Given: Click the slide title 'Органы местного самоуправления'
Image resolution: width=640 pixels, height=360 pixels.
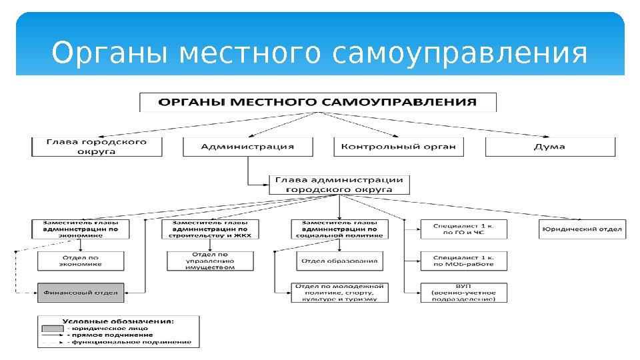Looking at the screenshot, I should (x=320, y=54).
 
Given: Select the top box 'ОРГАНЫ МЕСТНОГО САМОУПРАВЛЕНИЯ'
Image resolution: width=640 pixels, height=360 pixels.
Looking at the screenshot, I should (x=318, y=102).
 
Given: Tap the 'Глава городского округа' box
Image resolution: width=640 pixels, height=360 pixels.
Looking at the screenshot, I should (x=97, y=147).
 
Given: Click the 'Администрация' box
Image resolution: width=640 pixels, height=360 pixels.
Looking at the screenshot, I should (x=247, y=147).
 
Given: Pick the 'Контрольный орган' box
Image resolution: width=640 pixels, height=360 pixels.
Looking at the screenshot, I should (x=398, y=147).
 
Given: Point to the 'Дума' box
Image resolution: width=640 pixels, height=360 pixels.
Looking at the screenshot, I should (x=550, y=147).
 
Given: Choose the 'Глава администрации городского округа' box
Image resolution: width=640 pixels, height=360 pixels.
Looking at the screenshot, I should (x=340, y=185).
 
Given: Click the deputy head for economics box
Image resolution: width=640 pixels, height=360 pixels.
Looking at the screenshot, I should (x=81, y=229).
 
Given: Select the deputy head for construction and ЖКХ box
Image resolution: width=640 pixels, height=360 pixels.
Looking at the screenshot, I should (x=210, y=229).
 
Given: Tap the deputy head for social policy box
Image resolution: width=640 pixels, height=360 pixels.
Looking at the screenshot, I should (x=340, y=229).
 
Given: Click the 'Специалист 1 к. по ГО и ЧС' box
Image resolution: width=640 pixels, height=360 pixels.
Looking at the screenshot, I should (x=463, y=229).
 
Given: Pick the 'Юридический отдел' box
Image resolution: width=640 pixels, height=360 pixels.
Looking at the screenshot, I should (x=581, y=229).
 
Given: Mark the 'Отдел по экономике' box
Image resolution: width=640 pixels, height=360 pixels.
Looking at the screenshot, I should (x=81, y=260).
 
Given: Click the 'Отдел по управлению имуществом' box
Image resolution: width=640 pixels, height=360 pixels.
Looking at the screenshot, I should (x=210, y=260).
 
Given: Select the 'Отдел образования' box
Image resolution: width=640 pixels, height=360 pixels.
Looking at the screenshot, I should (x=340, y=261).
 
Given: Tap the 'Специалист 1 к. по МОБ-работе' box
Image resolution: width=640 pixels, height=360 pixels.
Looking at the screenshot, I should (x=463, y=260).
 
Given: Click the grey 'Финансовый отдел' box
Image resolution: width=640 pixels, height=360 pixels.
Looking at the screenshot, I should (x=81, y=292).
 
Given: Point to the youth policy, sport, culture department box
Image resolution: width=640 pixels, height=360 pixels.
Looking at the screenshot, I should (x=340, y=292).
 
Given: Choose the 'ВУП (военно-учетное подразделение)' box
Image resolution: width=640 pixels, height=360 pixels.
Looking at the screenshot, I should (x=463, y=292).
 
